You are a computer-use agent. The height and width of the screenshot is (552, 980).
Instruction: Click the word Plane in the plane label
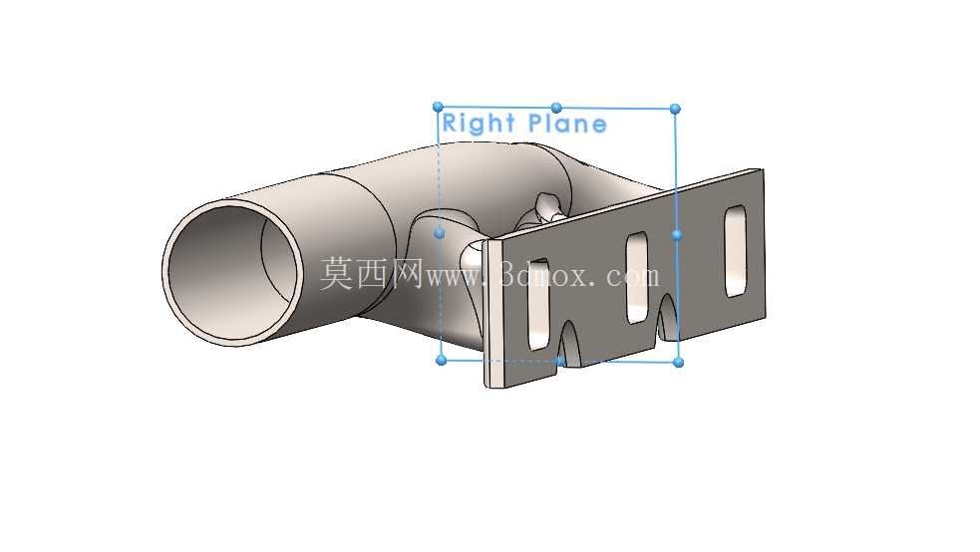(x=567, y=123)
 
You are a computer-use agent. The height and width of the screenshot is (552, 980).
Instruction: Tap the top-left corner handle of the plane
(x=438, y=108)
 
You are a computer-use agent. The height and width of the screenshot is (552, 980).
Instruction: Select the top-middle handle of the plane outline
(x=556, y=108)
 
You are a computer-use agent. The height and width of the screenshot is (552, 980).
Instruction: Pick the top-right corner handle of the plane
(x=675, y=110)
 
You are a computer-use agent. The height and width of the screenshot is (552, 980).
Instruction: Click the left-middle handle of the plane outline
(x=440, y=233)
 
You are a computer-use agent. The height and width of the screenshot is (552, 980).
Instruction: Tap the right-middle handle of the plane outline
(x=677, y=235)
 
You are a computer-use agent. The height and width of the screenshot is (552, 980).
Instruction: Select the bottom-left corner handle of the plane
(x=442, y=361)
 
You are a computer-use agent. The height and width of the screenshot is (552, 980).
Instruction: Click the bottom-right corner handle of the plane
(x=679, y=362)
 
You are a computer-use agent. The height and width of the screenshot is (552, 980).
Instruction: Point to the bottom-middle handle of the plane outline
(x=560, y=361)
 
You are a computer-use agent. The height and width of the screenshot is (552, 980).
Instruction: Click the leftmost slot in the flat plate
(x=538, y=304)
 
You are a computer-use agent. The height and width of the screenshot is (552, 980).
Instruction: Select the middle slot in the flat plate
(x=637, y=278)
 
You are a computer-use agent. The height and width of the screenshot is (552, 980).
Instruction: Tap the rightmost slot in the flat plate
(x=736, y=251)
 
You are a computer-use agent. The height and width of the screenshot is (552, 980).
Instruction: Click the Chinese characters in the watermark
(x=372, y=274)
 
